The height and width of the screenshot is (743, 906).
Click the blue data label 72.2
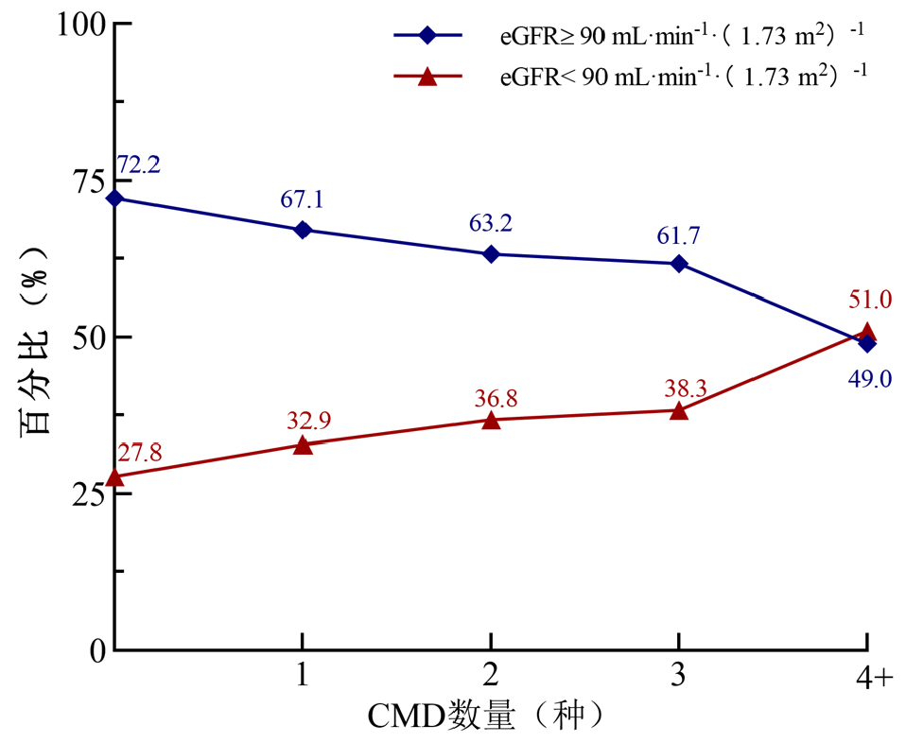click(x=139, y=165)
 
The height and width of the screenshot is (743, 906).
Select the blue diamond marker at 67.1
click(x=303, y=230)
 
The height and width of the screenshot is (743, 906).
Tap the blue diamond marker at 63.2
click(x=491, y=253)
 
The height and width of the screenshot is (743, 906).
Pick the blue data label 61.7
click(x=678, y=235)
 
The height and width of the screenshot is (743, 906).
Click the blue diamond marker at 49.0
click(x=866, y=343)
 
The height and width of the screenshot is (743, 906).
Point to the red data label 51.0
click(x=870, y=301)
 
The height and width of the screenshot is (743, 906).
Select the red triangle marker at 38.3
click(x=678, y=411)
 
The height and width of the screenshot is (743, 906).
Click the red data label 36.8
click(x=496, y=399)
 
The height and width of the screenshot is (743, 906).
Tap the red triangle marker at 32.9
click(x=303, y=445)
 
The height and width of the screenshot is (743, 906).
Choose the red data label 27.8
click(x=139, y=453)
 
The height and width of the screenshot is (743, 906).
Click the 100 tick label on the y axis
click(x=81, y=26)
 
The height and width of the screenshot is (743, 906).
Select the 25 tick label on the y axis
click(x=89, y=495)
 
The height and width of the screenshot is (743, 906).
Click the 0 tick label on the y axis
click(x=98, y=651)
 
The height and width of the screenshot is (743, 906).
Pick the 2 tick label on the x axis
click(x=491, y=674)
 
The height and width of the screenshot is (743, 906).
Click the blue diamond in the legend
click(x=427, y=35)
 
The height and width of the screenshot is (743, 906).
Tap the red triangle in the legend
click(x=427, y=76)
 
